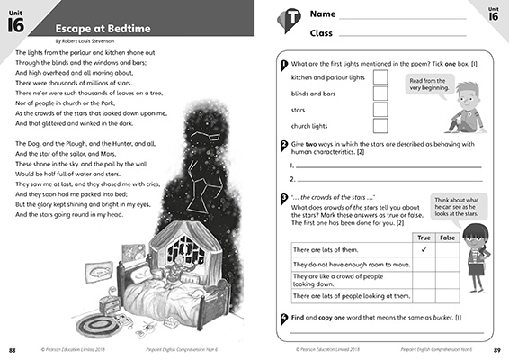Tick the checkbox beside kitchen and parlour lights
click(380, 78)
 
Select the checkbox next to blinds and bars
click(380, 94)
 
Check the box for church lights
click(380, 124)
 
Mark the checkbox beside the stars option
click(380, 109)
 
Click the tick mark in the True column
click(423, 248)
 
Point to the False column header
click(447, 236)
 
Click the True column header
click(423, 236)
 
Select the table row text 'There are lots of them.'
click(324, 248)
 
